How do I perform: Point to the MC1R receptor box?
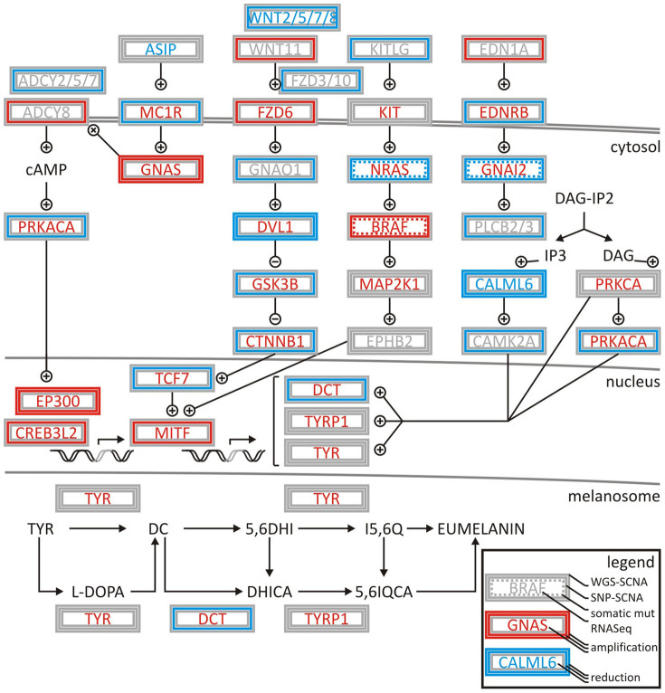click(x=160, y=112)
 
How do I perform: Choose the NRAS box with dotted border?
click(x=389, y=169)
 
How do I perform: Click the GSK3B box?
click(x=275, y=284)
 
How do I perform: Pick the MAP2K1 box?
click(x=389, y=284)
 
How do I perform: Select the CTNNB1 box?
click(x=275, y=342)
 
